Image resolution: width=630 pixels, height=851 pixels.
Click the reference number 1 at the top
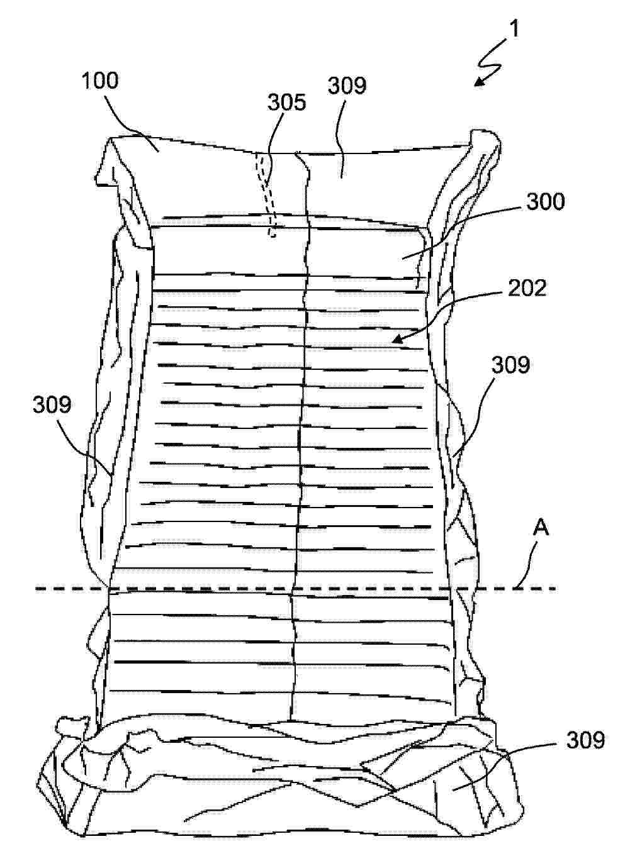point(514,29)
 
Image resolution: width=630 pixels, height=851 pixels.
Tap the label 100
point(100,81)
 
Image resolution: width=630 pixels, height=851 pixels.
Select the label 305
point(287,103)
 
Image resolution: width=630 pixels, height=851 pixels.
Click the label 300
point(546,201)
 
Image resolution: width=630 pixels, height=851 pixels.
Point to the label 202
point(527,288)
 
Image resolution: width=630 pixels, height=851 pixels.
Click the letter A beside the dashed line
point(540,529)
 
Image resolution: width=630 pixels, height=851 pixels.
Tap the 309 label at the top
point(347,85)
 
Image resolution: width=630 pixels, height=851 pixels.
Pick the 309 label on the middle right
point(510,365)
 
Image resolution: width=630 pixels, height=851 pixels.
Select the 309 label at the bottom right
point(585,740)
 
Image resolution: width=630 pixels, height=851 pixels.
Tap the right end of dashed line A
point(556,588)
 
